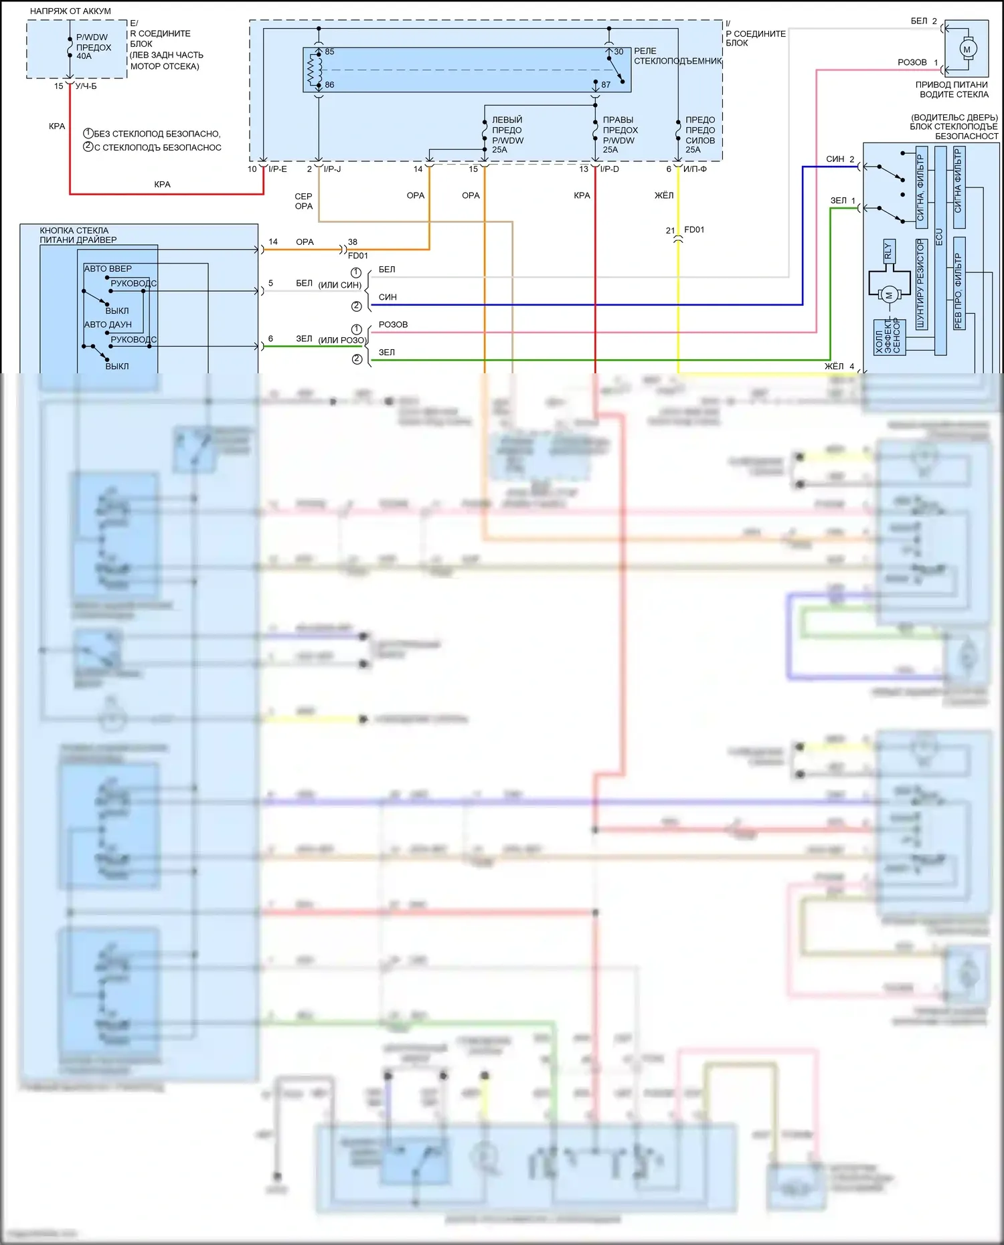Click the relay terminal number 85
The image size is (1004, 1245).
pyautogui.click(x=329, y=52)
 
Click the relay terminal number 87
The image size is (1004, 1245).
pyautogui.click(x=606, y=85)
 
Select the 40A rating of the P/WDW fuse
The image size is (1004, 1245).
pyautogui.click(x=84, y=56)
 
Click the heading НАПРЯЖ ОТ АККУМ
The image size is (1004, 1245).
pyautogui.click(x=70, y=11)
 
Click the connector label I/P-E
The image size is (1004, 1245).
pyautogui.click(x=278, y=169)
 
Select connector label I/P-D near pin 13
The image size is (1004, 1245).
pyautogui.click(x=610, y=169)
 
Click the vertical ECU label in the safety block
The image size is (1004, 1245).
pyautogui.click(x=939, y=236)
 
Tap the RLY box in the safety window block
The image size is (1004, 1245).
pyautogui.click(x=888, y=251)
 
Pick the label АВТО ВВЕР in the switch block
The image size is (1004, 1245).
pyautogui.click(x=108, y=268)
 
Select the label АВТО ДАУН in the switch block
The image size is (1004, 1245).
pyautogui.click(x=108, y=324)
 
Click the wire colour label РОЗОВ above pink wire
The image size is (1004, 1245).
pyautogui.click(x=393, y=324)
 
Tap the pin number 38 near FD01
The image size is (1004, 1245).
pyautogui.click(x=353, y=242)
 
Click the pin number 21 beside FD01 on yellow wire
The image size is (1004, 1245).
pyautogui.click(x=670, y=230)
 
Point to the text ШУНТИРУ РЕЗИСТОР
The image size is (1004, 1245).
pyautogui.click(x=921, y=284)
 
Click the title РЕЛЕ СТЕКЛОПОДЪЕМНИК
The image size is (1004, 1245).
pyautogui.click(x=677, y=56)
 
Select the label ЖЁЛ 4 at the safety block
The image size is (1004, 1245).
pyautogui.click(x=839, y=366)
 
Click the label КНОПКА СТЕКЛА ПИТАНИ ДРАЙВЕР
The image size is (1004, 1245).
pyautogui.click(x=78, y=235)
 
